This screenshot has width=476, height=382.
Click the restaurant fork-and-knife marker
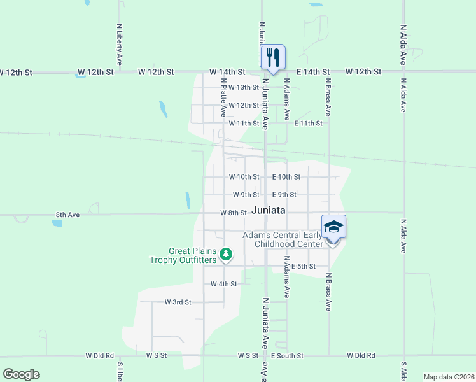point(273,57)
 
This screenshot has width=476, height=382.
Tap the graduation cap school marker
point(334,227)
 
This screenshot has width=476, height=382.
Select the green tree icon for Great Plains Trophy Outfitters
point(225,255)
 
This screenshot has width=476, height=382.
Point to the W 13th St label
point(244,87)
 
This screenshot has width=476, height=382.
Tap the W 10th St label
point(244,176)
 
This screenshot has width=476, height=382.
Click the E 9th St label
point(284,194)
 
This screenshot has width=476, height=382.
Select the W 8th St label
point(233,213)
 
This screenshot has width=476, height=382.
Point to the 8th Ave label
point(67,215)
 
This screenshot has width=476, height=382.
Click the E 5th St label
point(304,266)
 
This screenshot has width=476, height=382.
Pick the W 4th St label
point(223,284)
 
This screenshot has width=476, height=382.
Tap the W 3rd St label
point(178,302)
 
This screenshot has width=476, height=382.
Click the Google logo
point(21,374)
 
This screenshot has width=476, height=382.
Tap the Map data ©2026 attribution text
point(449,377)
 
